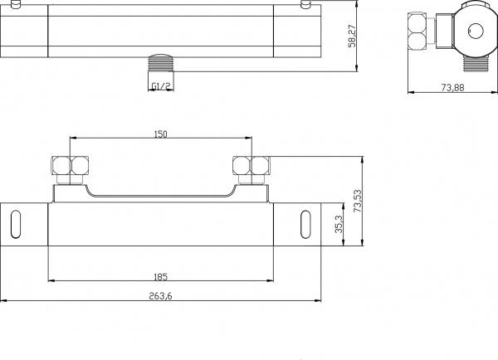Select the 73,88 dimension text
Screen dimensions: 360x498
pos(452,88)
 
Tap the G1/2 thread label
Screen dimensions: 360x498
pos(162,85)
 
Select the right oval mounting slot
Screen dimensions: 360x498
pos(305,226)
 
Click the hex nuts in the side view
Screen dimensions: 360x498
pos(418,34)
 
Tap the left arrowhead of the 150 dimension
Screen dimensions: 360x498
pos(74,139)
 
